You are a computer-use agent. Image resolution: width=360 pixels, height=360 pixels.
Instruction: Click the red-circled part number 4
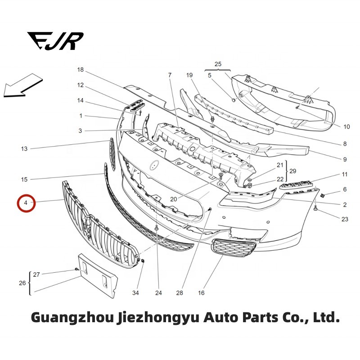coord(26,203)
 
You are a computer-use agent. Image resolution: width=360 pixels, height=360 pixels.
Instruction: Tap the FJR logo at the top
coord(55,41)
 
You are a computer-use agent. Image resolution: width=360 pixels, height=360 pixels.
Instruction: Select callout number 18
coord(81,70)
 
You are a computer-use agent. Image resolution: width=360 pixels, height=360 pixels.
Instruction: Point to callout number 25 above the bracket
coord(218,64)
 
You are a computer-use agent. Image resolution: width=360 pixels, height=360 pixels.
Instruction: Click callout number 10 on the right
coord(346,127)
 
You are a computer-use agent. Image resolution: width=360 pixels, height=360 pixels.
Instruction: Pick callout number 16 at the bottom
coord(201,293)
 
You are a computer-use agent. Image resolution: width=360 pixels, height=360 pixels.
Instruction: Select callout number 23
coord(345,220)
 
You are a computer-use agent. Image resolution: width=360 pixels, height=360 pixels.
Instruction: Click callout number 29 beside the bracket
coord(292,172)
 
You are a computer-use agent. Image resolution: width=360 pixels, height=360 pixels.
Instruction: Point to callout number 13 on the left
coord(24,148)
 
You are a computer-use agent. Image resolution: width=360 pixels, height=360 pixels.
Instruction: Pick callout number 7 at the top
coord(170,75)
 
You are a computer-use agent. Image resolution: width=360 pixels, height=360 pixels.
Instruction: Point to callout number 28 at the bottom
coord(180,293)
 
